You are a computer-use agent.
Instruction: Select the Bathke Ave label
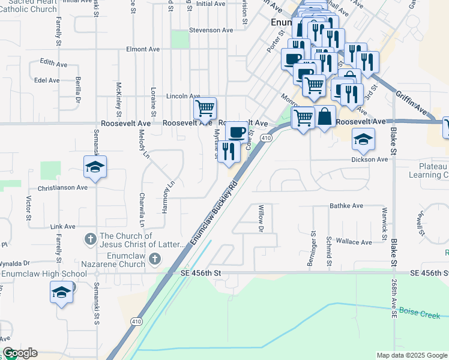pyautogui.click(x=346, y=206)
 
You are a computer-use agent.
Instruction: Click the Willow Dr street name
pyautogui.click(x=261, y=218)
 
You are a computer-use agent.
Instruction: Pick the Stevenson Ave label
pyautogui.click(x=211, y=30)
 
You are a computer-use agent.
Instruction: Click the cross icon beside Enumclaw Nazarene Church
pyautogui.click(x=155, y=259)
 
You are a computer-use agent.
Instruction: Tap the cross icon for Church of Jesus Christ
pyautogui.click(x=91, y=239)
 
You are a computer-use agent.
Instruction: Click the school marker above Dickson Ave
pyautogui.click(x=363, y=140)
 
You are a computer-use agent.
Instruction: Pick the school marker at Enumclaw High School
pyautogui.click(x=61, y=292)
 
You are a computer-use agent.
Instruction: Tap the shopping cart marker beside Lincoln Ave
pyautogui.click(x=205, y=109)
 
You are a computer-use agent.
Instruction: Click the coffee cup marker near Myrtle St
pyautogui.click(x=236, y=131)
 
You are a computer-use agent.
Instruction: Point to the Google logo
pyautogui.click(x=20, y=353)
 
